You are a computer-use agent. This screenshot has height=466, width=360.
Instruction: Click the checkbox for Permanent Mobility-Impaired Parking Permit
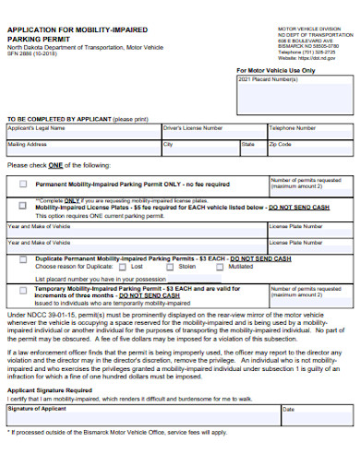tap(23, 183)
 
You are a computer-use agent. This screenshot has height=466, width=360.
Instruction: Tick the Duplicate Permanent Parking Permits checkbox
tap(23, 259)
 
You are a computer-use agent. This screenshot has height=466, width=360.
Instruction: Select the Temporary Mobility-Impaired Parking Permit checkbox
tap(23, 290)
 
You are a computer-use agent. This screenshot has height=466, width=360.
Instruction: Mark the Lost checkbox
tap(124, 266)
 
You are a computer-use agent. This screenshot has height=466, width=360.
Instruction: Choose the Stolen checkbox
tap(171, 266)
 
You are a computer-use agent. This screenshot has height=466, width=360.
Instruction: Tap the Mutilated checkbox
tap(222, 266)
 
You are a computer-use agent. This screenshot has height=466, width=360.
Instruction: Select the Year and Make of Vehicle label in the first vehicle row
tap(40, 226)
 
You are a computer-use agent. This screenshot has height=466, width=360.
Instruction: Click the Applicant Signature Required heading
tap(49, 390)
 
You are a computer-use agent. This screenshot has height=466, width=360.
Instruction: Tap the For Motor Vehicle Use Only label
tap(275, 69)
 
